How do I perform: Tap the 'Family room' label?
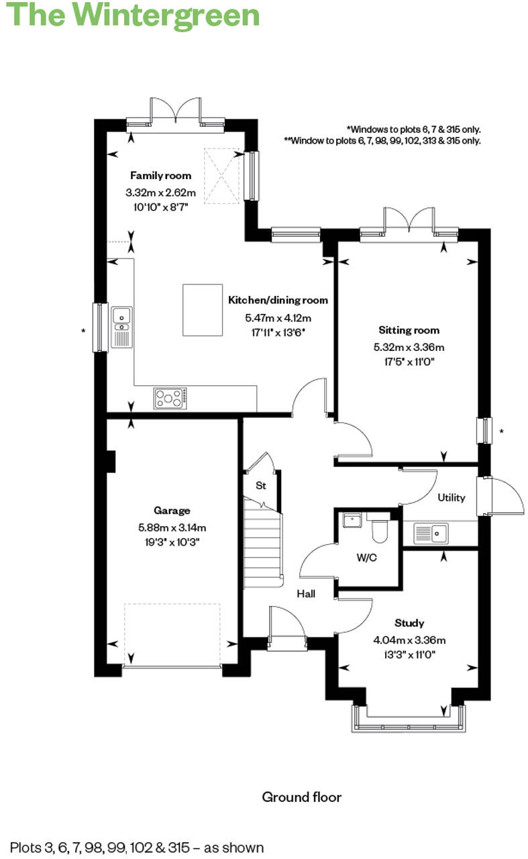pyautogui.click(x=160, y=176)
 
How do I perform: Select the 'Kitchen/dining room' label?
pyautogui.click(x=278, y=300)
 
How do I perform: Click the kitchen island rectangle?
pyautogui.click(x=202, y=309)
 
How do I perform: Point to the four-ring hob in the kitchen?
pyautogui.click(x=171, y=398)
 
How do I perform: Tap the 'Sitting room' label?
pyautogui.click(x=409, y=330)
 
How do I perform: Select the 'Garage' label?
pyautogui.click(x=172, y=511)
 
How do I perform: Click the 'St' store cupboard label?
pyautogui.click(x=260, y=485)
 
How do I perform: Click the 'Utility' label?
pyautogui.click(x=451, y=498)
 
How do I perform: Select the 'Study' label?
pyautogui.click(x=409, y=623)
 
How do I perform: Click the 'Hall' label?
pyautogui.click(x=306, y=593)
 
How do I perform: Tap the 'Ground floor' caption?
pyautogui.click(x=301, y=797)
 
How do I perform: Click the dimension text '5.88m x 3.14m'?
pyautogui.click(x=172, y=527)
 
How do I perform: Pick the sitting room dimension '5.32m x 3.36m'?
pyautogui.click(x=409, y=347)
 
